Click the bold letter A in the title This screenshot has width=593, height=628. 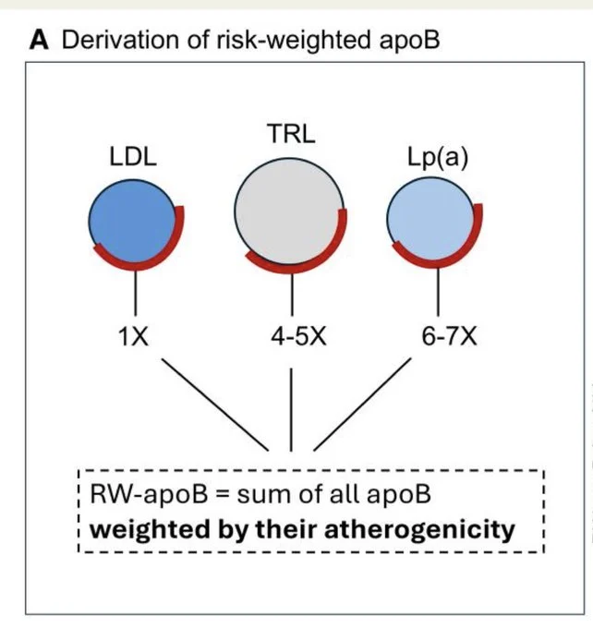[x=40, y=41]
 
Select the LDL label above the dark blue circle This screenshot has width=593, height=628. [x=133, y=157]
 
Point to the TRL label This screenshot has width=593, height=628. [x=291, y=133]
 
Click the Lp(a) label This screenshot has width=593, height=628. [x=438, y=157]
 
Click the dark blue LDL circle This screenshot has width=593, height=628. [x=132, y=221]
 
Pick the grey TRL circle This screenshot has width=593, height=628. [x=289, y=211]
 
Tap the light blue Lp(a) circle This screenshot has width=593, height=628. [x=430, y=219]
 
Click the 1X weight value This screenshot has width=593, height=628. [x=133, y=336]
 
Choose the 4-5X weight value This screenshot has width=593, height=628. [x=298, y=336]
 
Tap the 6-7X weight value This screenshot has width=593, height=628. [x=449, y=336]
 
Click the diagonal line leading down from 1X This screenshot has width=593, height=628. [x=215, y=405]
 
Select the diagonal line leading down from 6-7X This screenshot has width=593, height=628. [x=362, y=405]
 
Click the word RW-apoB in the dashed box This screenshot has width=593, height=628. [x=149, y=494]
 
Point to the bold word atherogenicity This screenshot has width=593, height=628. [x=419, y=529]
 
